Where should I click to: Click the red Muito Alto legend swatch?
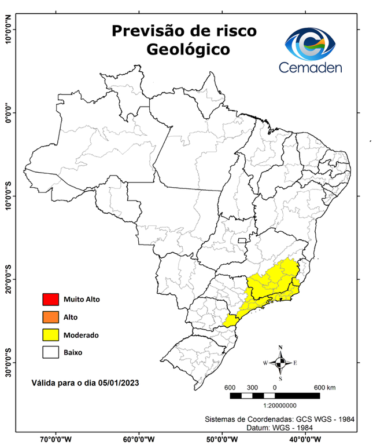[x=50, y=300]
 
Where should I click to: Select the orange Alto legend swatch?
[x=50, y=317]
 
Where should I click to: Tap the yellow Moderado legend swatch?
[x=50, y=334]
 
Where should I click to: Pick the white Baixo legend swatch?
[x=50, y=352]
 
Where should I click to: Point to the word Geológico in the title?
[x=188, y=50]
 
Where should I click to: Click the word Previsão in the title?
[x=146, y=30]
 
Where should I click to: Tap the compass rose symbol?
[x=280, y=363]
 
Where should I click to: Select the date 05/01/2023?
[x=118, y=383]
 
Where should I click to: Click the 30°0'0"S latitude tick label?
[x=9, y=362]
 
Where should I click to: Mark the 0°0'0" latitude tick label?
[x=9, y=112]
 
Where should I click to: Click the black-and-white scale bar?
[x=275, y=396]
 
